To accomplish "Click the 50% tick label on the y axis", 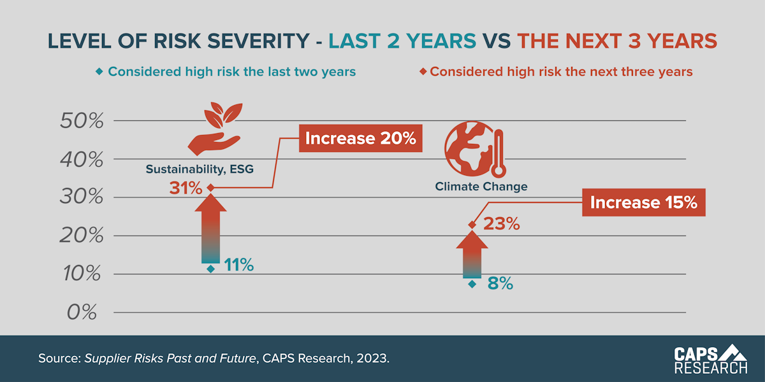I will click(x=82, y=121).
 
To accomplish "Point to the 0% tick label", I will click(x=82, y=313).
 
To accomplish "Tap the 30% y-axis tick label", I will click(x=82, y=197).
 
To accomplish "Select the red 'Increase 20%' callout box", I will click(x=361, y=138).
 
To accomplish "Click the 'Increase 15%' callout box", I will click(x=644, y=202).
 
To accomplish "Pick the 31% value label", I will click(x=186, y=188).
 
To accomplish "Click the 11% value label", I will click(x=238, y=265).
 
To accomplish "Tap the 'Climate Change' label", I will click(x=481, y=187).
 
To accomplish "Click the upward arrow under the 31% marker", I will click(x=210, y=229).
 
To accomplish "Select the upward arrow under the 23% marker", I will click(x=472, y=255).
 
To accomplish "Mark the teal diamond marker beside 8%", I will click(x=472, y=284).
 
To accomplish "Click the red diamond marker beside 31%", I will click(x=210, y=188).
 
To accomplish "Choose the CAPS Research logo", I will click(x=711, y=359).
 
